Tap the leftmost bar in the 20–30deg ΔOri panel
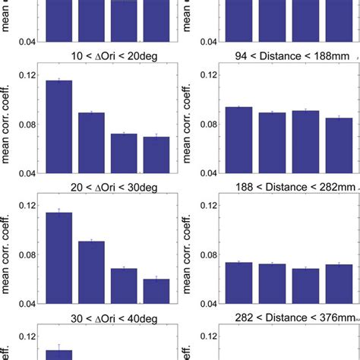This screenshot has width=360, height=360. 58,258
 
